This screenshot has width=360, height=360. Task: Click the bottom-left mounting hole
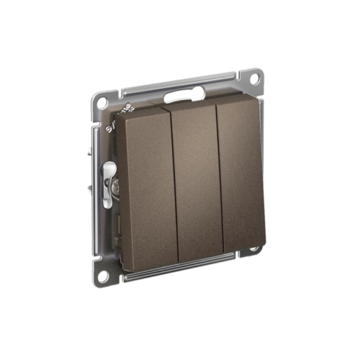point(104,275)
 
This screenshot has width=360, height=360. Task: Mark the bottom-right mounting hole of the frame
point(253,252)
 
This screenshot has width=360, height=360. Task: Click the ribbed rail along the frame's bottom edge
point(180,269)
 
